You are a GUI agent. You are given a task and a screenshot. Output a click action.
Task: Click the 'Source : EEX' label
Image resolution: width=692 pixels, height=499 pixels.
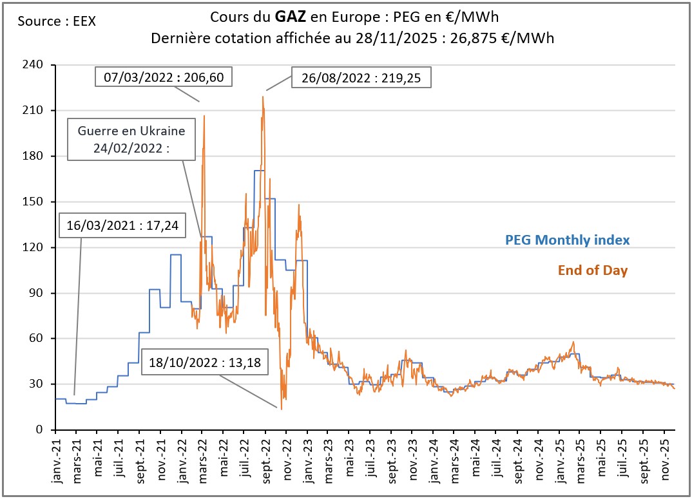57,21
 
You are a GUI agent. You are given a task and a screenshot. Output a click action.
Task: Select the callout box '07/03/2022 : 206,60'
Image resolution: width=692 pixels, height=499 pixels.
164,77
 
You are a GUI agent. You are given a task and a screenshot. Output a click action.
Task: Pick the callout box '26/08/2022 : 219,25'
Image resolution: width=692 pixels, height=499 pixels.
361,78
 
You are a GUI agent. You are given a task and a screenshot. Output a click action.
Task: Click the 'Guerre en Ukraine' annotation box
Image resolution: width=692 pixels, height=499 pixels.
131,139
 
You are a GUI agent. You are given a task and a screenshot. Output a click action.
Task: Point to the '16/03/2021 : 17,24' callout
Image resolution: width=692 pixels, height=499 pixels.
122,226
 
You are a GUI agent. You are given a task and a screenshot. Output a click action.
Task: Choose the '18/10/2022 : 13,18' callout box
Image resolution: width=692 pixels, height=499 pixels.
205,362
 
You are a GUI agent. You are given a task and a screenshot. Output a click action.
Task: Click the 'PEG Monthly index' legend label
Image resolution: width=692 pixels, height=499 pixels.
567,240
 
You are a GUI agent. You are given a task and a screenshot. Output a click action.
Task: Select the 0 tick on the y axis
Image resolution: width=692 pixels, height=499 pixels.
40,430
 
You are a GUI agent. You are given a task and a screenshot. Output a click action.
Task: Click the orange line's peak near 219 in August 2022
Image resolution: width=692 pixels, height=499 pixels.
263,97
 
